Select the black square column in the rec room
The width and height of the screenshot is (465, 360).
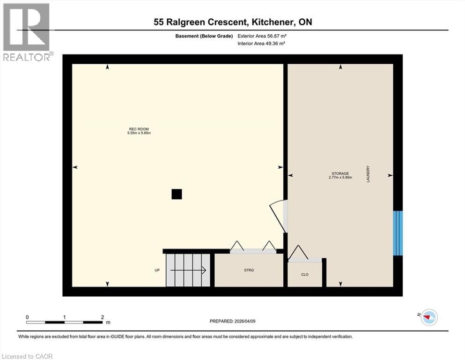(x=177, y=194)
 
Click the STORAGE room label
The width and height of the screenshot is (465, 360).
(x=340, y=173)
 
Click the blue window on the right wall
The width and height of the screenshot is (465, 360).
(x=398, y=233)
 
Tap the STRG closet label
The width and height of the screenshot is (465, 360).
(x=249, y=270)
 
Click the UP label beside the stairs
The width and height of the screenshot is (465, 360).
(x=157, y=270)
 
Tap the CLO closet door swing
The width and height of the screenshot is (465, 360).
(x=299, y=254)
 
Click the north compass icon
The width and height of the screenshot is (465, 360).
(x=428, y=317)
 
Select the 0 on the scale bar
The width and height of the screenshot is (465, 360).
(x=28, y=317)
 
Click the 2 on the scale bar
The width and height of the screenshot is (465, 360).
(x=103, y=317)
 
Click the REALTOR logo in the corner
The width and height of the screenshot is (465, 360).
(x=27, y=32)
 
